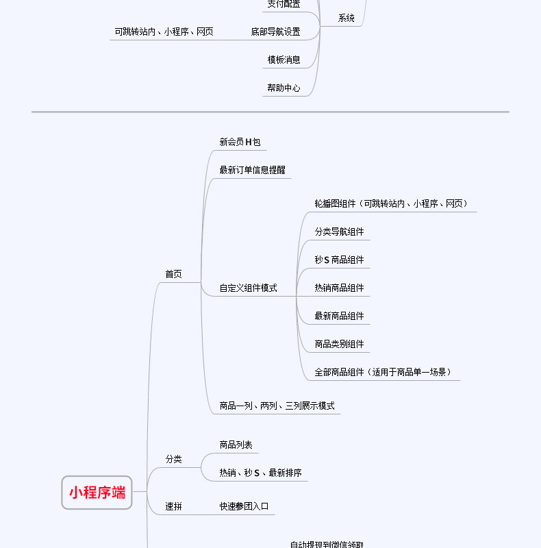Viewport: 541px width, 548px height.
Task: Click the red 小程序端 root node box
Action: pos(97,492)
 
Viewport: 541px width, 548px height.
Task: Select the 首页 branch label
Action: pos(173,274)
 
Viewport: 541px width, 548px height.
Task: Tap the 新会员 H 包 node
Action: pos(240,142)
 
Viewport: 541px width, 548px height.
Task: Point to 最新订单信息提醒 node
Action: pos(252,171)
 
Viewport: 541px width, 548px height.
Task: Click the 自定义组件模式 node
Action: pos(248,288)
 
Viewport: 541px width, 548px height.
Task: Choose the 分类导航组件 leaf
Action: pos(339,232)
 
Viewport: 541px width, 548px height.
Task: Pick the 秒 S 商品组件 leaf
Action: pos(339,260)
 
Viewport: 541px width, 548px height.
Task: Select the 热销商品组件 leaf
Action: pos(339,288)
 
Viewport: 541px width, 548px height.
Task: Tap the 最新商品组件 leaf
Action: pos(339,316)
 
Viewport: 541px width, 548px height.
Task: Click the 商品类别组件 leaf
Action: pos(339,345)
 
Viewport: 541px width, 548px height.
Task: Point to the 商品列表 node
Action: pos(236,445)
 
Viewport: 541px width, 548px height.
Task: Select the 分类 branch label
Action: pos(173,459)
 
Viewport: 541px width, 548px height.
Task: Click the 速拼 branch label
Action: pos(173,507)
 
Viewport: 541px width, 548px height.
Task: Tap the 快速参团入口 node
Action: pos(244,507)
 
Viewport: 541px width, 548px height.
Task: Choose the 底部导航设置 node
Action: pos(275,32)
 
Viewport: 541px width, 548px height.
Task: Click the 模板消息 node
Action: pos(284,60)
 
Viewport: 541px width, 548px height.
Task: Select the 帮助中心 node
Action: pos(284,88)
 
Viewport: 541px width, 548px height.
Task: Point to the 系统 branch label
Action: pos(346,18)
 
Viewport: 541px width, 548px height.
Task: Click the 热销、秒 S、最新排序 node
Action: pos(260,473)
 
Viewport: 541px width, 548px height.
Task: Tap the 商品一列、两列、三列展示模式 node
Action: pos(277,406)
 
